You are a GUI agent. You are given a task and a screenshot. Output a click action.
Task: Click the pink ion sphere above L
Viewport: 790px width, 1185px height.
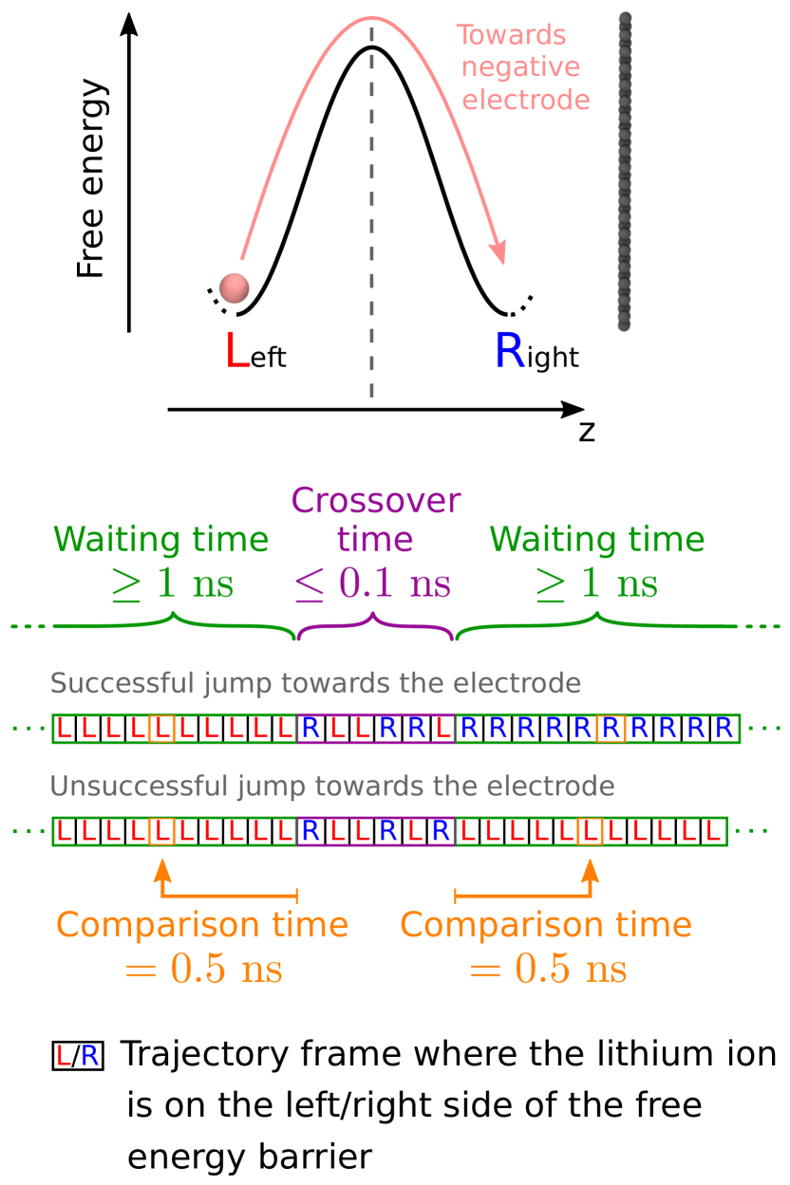tap(235, 288)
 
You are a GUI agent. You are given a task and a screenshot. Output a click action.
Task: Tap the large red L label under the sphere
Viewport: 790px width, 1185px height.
tap(237, 351)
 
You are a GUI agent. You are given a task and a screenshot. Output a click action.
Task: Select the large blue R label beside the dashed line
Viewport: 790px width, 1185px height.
tap(510, 351)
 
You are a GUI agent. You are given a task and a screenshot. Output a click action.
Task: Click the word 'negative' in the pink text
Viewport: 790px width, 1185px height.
tap(520, 68)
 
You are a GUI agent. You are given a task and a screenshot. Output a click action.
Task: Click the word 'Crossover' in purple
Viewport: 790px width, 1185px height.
tap(376, 500)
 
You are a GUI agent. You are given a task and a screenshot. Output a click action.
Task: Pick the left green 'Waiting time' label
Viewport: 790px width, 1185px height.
tap(161, 540)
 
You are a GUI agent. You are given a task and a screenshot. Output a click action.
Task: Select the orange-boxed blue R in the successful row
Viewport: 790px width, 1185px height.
tap(611, 729)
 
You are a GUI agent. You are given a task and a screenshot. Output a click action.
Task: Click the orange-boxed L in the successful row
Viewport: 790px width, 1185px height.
tap(162, 729)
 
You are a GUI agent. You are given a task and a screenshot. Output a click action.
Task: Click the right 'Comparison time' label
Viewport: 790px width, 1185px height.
tap(546, 924)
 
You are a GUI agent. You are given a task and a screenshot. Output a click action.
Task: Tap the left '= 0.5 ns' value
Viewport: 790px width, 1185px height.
tap(204, 969)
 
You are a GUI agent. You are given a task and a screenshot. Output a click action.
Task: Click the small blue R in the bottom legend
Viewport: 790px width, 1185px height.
tap(90, 1055)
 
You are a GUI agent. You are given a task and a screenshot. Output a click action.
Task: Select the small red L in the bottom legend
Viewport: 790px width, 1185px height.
tap(64, 1055)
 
